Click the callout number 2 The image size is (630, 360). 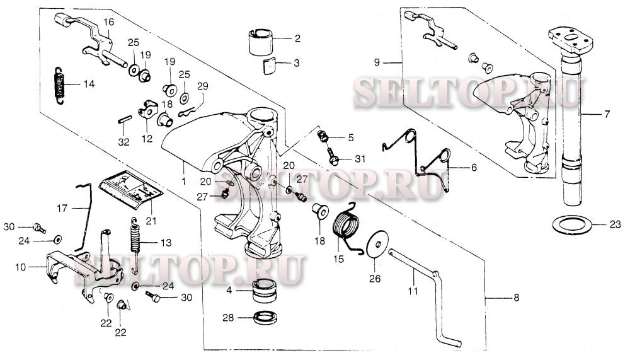(297, 38)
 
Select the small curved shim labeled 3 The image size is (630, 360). (270, 66)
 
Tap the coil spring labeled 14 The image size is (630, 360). (59, 85)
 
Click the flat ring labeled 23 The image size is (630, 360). (572, 224)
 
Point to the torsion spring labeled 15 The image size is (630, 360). (347, 229)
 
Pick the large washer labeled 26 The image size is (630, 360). (377, 245)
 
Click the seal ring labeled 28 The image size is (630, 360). (266, 317)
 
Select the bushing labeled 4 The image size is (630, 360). (265, 291)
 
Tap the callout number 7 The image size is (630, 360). (607, 114)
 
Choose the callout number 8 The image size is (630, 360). (517, 297)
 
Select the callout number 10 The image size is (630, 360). (21, 267)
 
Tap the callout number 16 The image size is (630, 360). (108, 22)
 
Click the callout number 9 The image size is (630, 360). (377, 62)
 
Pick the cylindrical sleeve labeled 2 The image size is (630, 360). (260, 42)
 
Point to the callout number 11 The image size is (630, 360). (413, 291)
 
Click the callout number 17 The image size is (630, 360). (62, 208)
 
